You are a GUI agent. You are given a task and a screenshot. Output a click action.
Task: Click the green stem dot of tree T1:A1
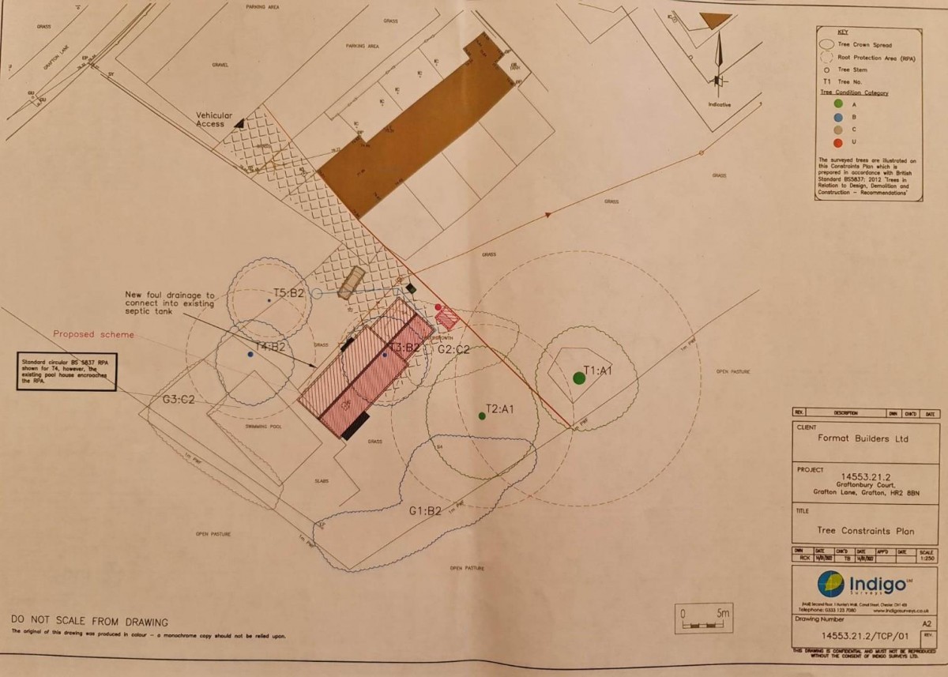click(579, 378)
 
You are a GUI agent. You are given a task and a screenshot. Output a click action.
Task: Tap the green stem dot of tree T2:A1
click(482, 416)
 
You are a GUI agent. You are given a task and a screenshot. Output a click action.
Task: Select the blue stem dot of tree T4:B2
click(250, 355)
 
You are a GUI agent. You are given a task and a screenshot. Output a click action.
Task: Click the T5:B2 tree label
click(289, 292)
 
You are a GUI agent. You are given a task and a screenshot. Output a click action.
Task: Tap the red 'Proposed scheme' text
click(93, 334)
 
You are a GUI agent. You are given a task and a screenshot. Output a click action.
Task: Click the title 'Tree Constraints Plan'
click(867, 531)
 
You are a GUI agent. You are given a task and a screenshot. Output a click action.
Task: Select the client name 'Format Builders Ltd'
click(864, 438)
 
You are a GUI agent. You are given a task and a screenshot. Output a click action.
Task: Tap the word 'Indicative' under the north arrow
click(720, 104)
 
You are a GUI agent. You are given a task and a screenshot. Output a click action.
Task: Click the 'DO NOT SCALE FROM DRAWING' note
click(90, 622)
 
